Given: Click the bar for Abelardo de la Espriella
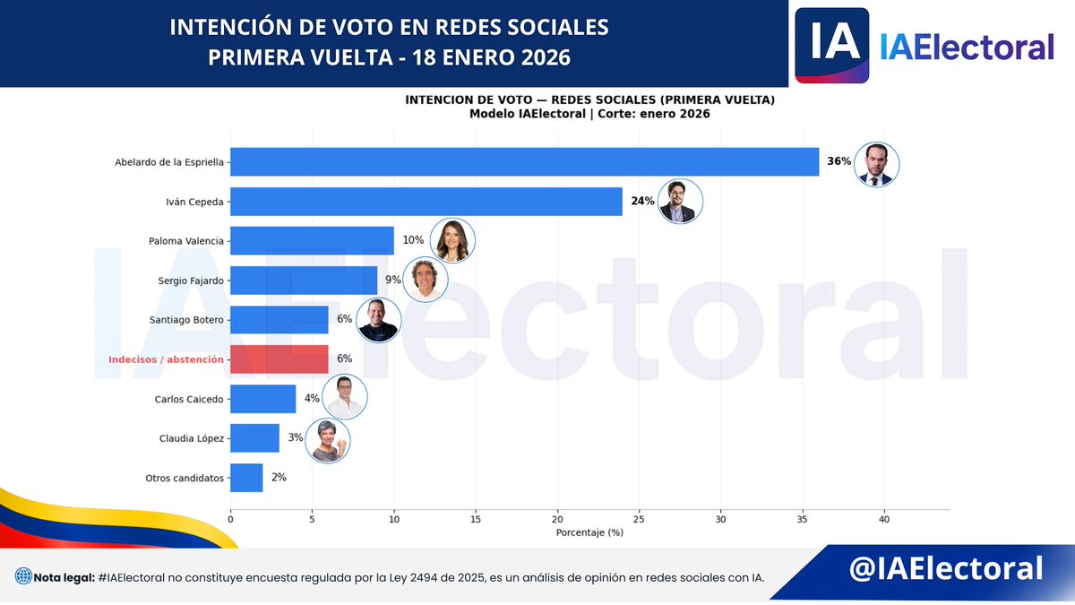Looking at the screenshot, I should pos(524,162).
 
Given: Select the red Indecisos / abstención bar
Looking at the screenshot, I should pos(279,359).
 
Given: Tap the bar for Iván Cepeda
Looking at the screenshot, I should pos(426,202).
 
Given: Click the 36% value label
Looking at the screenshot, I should pos(839,162).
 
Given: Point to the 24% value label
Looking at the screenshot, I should pos(642,202).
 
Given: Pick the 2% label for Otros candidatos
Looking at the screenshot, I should pos(279,478).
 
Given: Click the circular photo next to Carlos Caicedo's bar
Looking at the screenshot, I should pos(344,398).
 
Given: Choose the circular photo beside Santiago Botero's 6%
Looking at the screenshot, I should pos(377,320).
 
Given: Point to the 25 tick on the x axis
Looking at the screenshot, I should pos(640,519).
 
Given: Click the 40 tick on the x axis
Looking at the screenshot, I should pos(884,519).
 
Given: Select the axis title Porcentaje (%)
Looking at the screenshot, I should pos(589,532).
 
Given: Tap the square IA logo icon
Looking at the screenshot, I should pos(832,45).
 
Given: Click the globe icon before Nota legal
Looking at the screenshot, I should pos(22,576).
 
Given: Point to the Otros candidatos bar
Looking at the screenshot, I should pos(246,478).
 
